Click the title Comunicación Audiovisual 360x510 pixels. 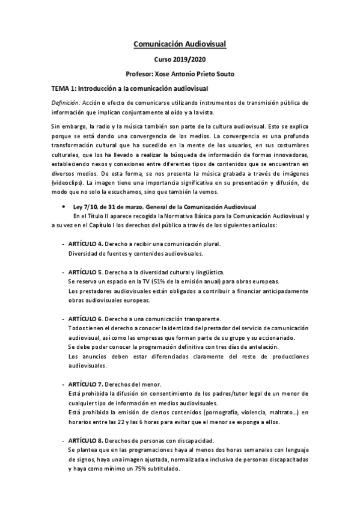click(x=180, y=44)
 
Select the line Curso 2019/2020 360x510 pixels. click(x=180, y=60)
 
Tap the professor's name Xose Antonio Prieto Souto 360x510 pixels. click(x=180, y=74)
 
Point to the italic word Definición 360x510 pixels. click(x=66, y=102)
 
